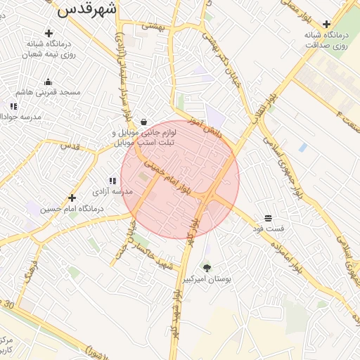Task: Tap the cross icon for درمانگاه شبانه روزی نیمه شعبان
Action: click(49, 33)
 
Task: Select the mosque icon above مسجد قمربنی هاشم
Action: click(48, 82)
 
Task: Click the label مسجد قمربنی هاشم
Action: click(49, 92)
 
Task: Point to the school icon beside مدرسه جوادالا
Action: click(13, 106)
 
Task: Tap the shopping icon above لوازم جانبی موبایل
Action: click(144, 122)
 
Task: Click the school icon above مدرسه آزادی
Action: click(112, 181)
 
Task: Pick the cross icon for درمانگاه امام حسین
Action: click(72, 198)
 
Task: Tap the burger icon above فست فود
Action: click(268, 218)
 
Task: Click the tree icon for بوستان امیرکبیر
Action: click(207, 268)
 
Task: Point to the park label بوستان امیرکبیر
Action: click(207, 279)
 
